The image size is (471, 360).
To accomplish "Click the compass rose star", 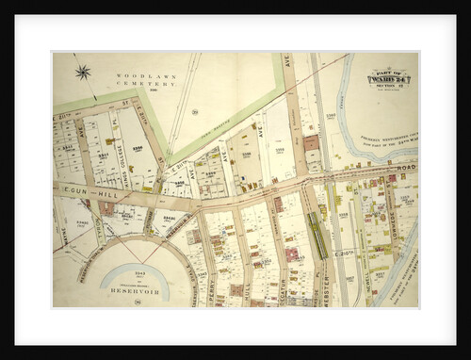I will [x=82, y=72].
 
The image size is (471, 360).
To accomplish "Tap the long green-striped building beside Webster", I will [x=319, y=236].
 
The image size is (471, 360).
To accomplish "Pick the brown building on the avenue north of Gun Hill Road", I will [x=311, y=143].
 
